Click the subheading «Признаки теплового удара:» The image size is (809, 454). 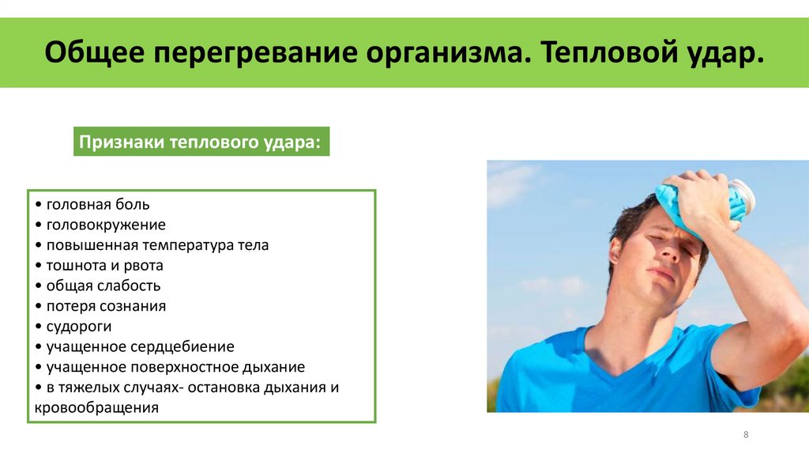tap(201, 144)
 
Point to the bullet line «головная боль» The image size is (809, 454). tap(97, 205)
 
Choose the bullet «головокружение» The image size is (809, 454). tap(105, 225)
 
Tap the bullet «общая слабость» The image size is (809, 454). tap(103, 286)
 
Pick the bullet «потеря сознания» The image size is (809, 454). tap(105, 306)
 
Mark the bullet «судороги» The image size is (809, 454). tap(78, 326)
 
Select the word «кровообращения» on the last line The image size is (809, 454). tap(97, 408)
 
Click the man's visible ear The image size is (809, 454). tap(616, 252)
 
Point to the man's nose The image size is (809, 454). tap(670, 257)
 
